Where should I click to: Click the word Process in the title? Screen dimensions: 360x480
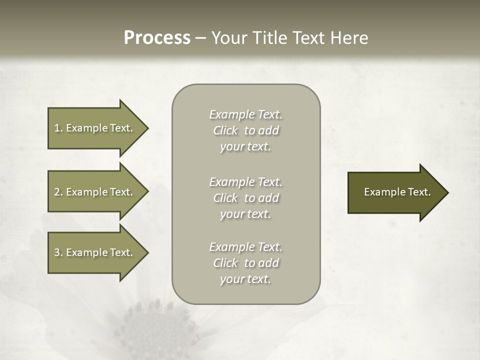point(157,38)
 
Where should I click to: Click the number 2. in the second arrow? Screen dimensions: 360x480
point(58,192)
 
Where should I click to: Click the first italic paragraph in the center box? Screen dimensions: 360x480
point(245,130)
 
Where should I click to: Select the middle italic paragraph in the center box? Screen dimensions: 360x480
point(245,198)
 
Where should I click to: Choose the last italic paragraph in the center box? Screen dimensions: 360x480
point(245,263)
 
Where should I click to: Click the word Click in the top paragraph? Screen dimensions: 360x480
point(225,130)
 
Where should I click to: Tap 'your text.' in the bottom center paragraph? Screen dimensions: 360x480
point(245,279)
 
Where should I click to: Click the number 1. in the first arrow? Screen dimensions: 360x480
point(58,128)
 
